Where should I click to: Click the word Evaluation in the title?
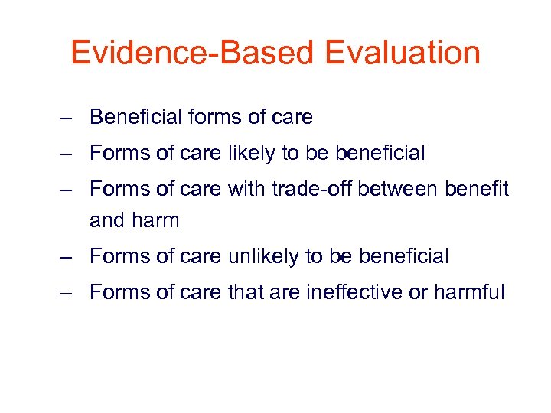pos(402,54)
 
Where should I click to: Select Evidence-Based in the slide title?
pos(191,54)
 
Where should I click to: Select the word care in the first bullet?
pos(292,117)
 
